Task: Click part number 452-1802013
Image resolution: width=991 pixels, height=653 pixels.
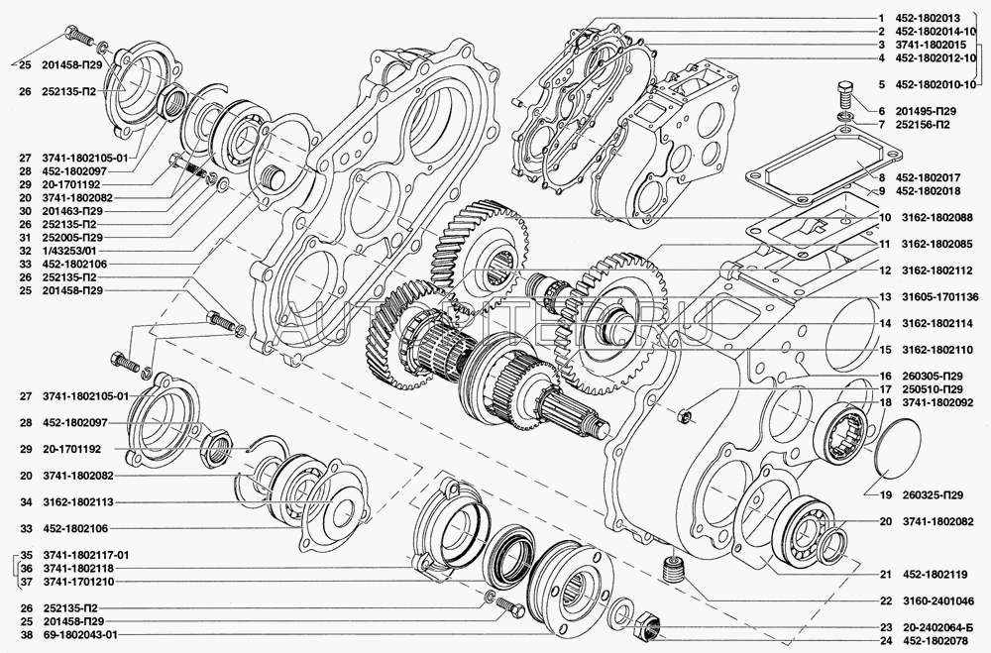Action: tap(926, 18)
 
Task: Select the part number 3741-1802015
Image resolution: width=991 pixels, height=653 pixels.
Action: tap(926, 45)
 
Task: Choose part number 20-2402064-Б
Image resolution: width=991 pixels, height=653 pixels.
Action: tap(932, 627)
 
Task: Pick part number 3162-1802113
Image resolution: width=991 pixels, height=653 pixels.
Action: tap(77, 502)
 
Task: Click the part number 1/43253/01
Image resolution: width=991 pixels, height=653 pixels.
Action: tap(68, 251)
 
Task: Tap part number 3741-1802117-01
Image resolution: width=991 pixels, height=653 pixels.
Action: tap(85, 555)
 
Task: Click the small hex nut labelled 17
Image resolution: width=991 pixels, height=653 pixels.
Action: tap(685, 416)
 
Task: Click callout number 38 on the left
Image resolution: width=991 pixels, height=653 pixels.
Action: tap(26, 634)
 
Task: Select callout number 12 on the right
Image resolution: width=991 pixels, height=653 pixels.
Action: tap(884, 271)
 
